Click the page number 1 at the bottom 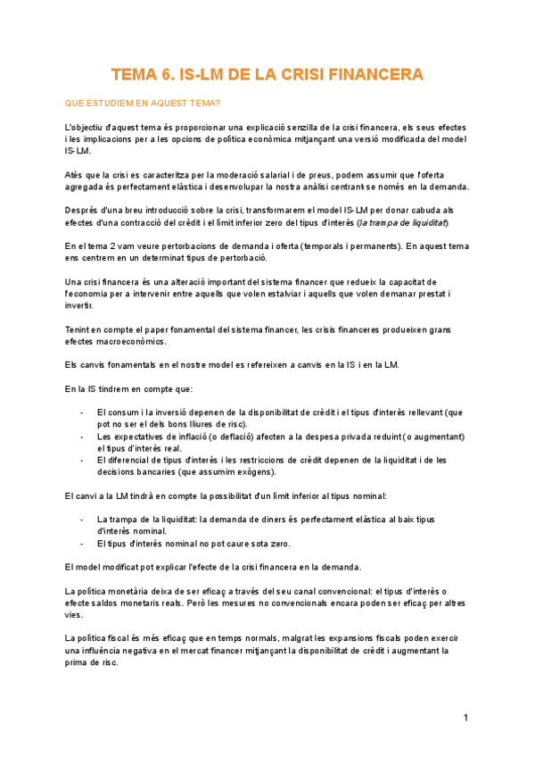coord(465,718)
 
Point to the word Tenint coord(79,329)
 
